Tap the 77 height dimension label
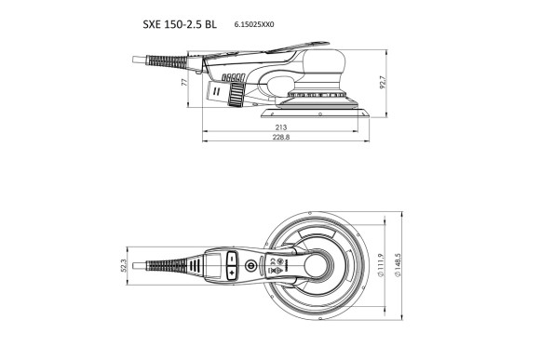(186, 83)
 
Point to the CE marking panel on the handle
(277, 267)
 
